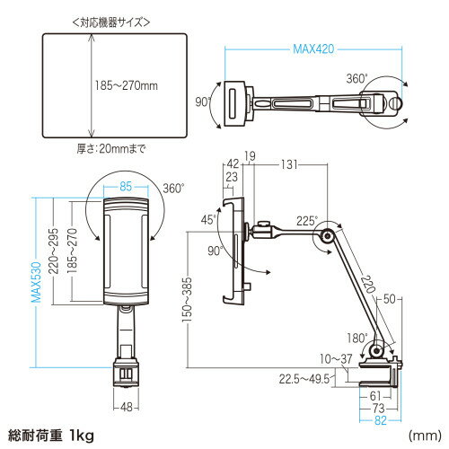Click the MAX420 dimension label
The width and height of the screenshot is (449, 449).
pyautogui.click(x=313, y=48)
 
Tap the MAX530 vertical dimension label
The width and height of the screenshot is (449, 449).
pyautogui.click(x=36, y=282)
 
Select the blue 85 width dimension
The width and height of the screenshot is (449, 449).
pyautogui.click(x=126, y=187)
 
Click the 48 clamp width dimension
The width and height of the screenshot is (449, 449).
pyautogui.click(x=127, y=407)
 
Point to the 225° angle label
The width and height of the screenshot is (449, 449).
pyautogui.click(x=306, y=221)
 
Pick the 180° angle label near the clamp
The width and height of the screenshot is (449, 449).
pyautogui.click(x=357, y=338)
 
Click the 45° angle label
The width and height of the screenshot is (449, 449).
pyautogui.click(x=208, y=220)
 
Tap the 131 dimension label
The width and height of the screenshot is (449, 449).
pyautogui.click(x=289, y=164)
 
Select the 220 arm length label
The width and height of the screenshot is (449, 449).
pyautogui.click(x=368, y=285)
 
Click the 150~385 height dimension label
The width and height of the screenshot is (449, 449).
pyautogui.click(x=187, y=300)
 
